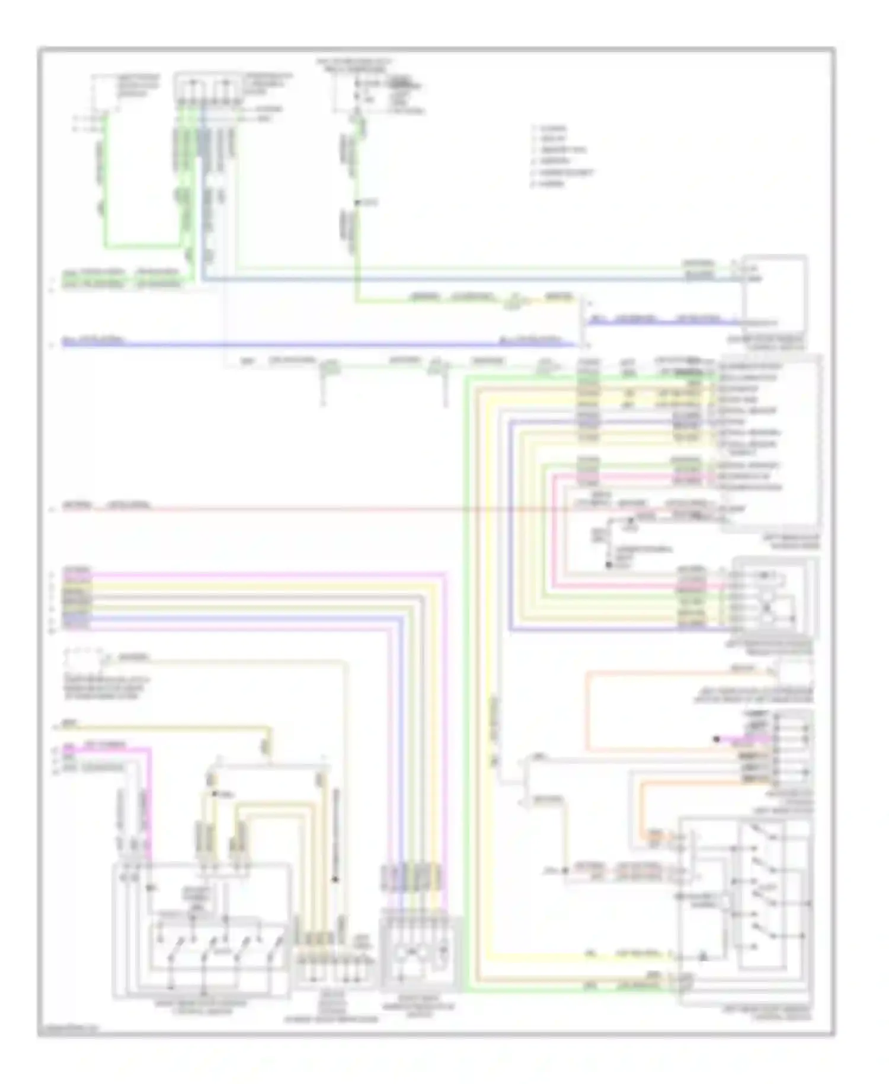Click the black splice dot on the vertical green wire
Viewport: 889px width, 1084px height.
click(357, 203)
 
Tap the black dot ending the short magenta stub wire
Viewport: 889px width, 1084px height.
click(716, 739)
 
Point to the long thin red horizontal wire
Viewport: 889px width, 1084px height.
click(356, 508)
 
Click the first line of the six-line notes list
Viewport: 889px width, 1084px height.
click(551, 128)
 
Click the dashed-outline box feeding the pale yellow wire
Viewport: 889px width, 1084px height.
click(83, 661)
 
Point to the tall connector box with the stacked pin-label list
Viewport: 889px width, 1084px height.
click(770, 442)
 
